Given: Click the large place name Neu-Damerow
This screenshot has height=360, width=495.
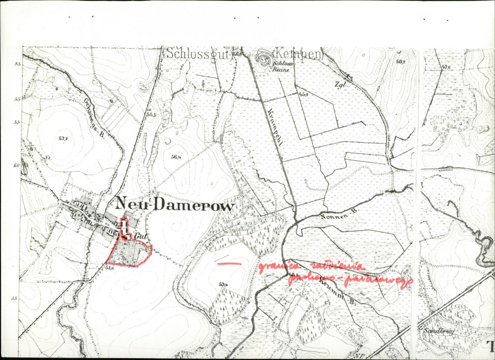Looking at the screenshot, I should tap(175, 204).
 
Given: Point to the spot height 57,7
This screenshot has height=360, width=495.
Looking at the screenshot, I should tap(63, 138).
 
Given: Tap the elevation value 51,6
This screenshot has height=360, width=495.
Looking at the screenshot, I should tap(109, 268).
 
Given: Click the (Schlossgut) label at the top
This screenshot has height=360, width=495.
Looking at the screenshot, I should tap(198, 53).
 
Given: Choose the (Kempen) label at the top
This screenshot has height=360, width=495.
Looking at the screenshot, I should tap(297, 54).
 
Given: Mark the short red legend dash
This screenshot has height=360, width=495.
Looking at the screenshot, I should tap(229, 263).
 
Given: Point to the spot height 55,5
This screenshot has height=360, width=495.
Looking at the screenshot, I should tap(151, 114).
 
